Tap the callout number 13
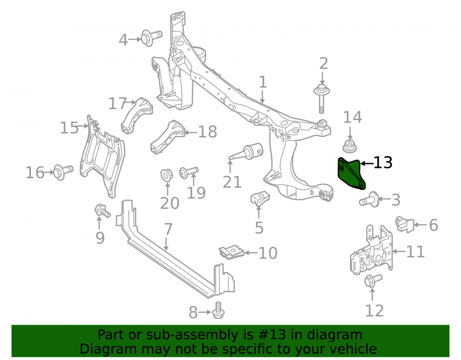coord(383,163)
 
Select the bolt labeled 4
coord(151,37)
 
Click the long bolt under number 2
coord(322,98)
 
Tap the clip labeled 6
coord(405,224)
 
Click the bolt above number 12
coord(373,281)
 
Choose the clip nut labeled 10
coord(232,252)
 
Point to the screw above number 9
coord(102,211)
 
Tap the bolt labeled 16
coord(63,172)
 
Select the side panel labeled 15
coord(102,156)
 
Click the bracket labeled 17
coord(136,115)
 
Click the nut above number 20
coord(166,175)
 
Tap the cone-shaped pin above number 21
coord(246,152)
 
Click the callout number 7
coord(168,229)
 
